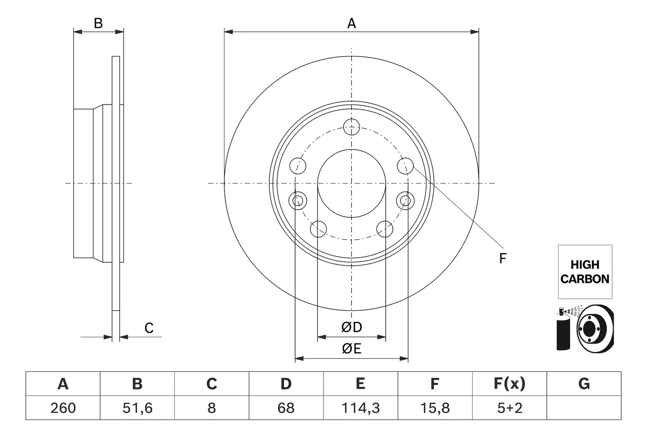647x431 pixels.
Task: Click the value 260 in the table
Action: tap(63, 408)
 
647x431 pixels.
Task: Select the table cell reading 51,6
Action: tap(137, 408)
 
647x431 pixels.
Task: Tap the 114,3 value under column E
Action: tap(360, 408)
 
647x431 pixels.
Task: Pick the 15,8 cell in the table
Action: tap(435, 408)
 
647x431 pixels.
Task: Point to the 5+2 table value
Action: tap(510, 408)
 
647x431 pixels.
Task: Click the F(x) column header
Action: tap(510, 384)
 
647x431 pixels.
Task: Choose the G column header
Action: tap(584, 384)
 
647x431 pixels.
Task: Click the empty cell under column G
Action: tap(584, 408)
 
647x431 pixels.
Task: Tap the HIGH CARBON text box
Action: tap(585, 272)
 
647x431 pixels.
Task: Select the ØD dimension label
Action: tap(351, 327)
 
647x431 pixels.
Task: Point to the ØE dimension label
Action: tap(351, 349)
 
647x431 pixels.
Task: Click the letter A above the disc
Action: tap(351, 23)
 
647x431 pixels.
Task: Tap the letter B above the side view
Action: tap(98, 23)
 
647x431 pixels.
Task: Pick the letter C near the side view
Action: tap(149, 328)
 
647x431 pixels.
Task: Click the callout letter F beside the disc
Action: tap(502, 258)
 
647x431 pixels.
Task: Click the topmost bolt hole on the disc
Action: tap(351, 127)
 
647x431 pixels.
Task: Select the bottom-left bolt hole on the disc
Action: tap(318, 229)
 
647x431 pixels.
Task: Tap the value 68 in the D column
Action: tap(286, 408)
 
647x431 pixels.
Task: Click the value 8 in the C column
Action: tap(211, 408)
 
